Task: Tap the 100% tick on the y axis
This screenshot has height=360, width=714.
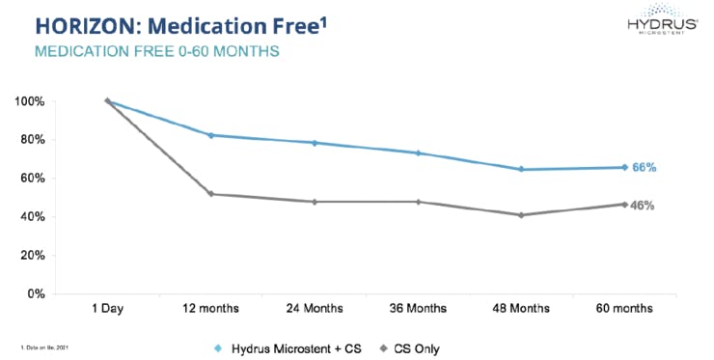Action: coord(28,101)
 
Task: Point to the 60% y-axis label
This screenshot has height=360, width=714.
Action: coord(31,179)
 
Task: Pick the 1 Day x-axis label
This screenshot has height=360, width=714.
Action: coord(107,308)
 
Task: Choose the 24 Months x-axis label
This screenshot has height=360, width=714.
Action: coord(315,308)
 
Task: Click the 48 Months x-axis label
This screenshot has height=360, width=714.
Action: coord(522,308)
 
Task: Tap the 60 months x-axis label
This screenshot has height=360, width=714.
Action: coord(625,308)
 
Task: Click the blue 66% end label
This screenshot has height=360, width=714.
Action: coord(645,168)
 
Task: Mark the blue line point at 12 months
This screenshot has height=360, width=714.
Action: coord(211,135)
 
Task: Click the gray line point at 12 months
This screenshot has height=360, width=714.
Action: coord(211,194)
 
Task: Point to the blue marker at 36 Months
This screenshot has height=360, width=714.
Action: coord(418,152)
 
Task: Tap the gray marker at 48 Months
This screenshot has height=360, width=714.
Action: coord(522,214)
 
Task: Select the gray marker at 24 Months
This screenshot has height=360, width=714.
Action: coord(315,202)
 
